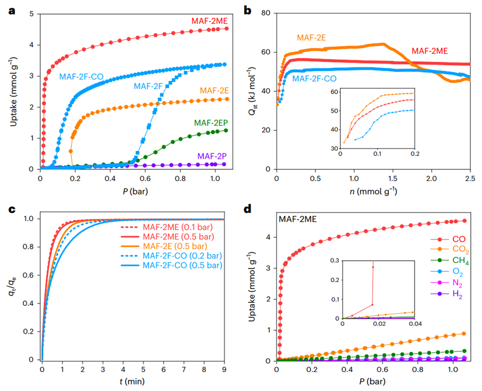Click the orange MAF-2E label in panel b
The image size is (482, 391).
311,38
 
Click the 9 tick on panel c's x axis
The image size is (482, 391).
225,369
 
